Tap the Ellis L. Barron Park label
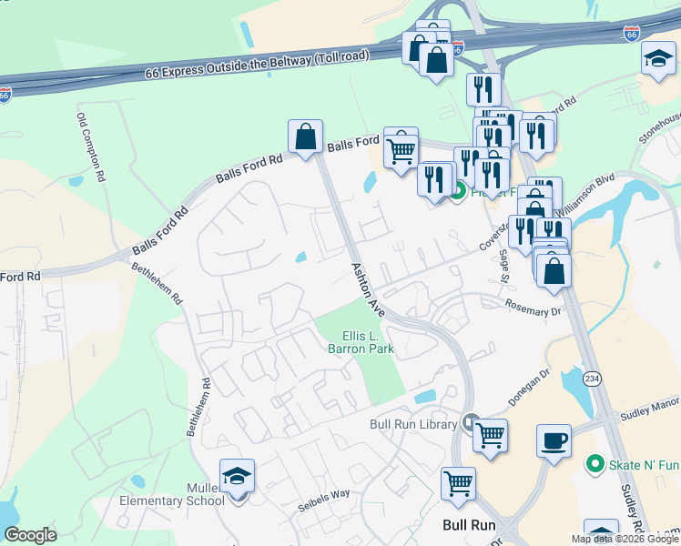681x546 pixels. point(361,342)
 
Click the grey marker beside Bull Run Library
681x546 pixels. point(471,422)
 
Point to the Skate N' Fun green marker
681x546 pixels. point(595,464)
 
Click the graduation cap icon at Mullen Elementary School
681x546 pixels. point(238,476)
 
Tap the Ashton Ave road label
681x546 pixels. point(370,290)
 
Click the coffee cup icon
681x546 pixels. point(554,441)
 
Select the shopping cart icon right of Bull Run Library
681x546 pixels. point(491,436)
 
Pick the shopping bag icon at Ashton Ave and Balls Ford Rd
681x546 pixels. point(306,136)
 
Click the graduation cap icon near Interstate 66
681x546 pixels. point(657,60)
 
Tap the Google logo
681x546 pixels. point(31,535)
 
